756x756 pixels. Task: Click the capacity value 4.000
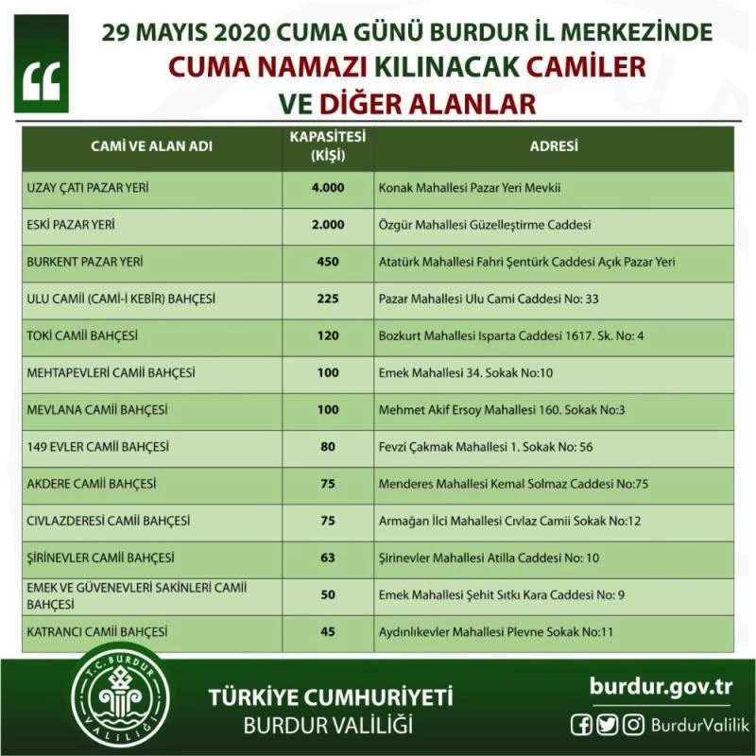coord(328,187)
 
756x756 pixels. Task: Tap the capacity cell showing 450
coord(328,262)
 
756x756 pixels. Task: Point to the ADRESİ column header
coord(554,147)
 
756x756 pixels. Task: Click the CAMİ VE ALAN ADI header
coord(151,147)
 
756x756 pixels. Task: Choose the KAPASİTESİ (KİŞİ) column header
coord(328,146)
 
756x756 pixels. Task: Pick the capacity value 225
coord(328,299)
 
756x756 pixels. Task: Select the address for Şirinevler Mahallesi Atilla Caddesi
coord(489,558)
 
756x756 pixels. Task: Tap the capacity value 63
coord(328,558)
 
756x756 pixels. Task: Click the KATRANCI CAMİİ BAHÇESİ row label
coord(96,631)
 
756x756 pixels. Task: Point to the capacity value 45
coord(328,631)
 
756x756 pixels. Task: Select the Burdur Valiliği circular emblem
coord(124,698)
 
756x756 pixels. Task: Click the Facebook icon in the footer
coord(583,725)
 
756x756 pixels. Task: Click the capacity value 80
coord(328,446)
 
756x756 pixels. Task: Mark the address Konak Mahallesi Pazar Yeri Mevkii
coord(470,187)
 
